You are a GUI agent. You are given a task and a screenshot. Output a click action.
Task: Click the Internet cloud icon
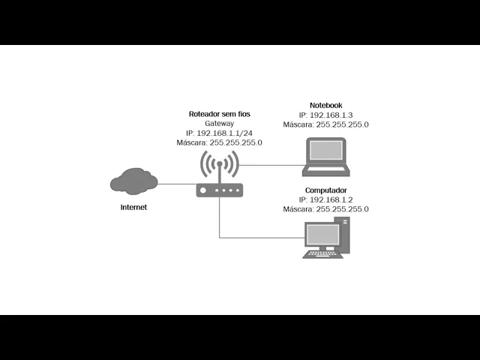pyautogui.click(x=133, y=181)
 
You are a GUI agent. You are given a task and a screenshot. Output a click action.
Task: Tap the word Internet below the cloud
pyautogui.click(x=133, y=207)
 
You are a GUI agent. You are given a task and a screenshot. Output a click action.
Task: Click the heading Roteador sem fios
pyautogui.click(x=219, y=114)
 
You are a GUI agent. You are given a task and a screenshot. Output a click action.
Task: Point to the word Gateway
pyautogui.click(x=219, y=124)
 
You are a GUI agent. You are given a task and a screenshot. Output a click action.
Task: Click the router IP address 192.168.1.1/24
pyautogui.click(x=219, y=133)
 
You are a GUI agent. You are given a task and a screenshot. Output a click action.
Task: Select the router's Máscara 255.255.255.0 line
pyautogui.click(x=219, y=142)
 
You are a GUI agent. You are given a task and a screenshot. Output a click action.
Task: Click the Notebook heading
pyautogui.click(x=325, y=105)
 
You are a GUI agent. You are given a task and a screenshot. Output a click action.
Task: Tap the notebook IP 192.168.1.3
pyautogui.click(x=325, y=115)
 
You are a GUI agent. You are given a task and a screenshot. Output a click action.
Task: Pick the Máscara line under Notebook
pyautogui.click(x=325, y=124)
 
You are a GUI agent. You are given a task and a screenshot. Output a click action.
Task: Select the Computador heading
pyautogui.click(x=325, y=190)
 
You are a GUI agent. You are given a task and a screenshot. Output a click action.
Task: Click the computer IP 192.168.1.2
pyautogui.click(x=325, y=200)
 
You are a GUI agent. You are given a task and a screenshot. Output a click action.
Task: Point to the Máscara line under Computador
pyautogui.click(x=325, y=210)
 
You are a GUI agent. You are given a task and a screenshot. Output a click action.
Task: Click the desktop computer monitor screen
pyautogui.click(x=322, y=235)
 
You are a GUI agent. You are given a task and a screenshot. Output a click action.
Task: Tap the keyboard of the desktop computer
pyautogui.click(x=322, y=254)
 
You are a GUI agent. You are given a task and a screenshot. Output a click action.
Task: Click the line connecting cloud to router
pyautogui.click(x=177, y=184)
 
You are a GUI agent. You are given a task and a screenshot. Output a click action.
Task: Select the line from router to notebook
pyautogui.click(x=270, y=165)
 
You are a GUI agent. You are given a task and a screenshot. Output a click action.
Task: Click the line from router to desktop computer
pyautogui.click(x=255, y=238)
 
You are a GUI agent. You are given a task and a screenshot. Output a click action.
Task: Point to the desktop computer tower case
pyautogui.click(x=345, y=236)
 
